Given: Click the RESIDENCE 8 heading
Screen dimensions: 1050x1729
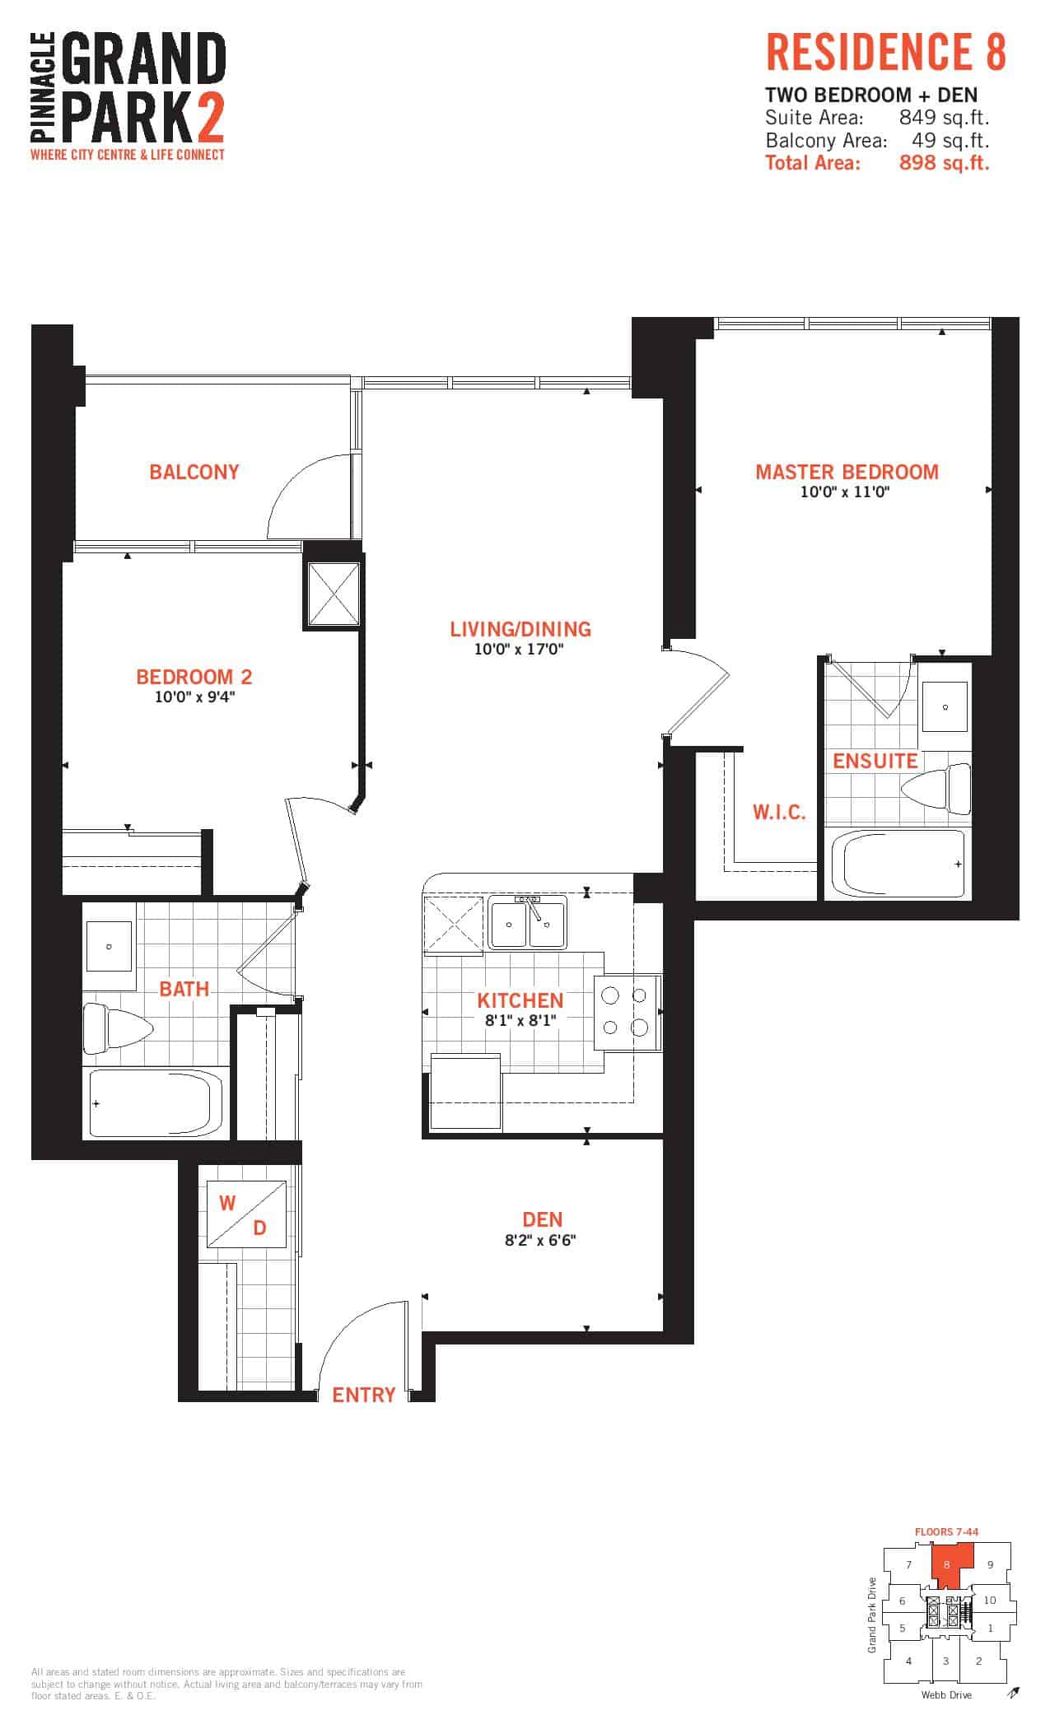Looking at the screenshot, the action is (x=886, y=53).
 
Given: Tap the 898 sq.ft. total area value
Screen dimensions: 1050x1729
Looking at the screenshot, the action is (x=945, y=162).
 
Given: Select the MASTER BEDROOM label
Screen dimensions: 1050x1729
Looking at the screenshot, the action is (x=847, y=472).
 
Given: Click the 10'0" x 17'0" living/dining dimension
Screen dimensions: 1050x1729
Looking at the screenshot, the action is (x=519, y=650).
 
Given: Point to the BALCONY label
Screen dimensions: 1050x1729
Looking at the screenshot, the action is (x=194, y=472).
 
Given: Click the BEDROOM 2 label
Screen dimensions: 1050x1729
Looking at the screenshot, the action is (x=194, y=677).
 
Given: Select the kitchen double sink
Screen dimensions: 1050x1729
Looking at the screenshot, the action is (x=527, y=923).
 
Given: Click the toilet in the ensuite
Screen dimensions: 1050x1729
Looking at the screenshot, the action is (x=937, y=788).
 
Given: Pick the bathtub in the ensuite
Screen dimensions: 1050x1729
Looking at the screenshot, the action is (x=897, y=864).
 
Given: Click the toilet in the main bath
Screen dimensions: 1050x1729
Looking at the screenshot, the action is (x=118, y=1028).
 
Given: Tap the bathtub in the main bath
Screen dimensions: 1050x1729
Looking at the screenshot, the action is (x=156, y=1102).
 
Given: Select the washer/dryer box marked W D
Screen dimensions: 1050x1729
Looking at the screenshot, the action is (x=245, y=1214).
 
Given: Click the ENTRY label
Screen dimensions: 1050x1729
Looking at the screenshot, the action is (x=363, y=1395).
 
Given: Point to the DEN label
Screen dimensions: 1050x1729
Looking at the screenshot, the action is (x=543, y=1219).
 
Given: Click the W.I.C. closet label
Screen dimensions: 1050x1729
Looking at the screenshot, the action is (x=779, y=813).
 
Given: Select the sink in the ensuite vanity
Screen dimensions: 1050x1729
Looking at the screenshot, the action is (x=946, y=706).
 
